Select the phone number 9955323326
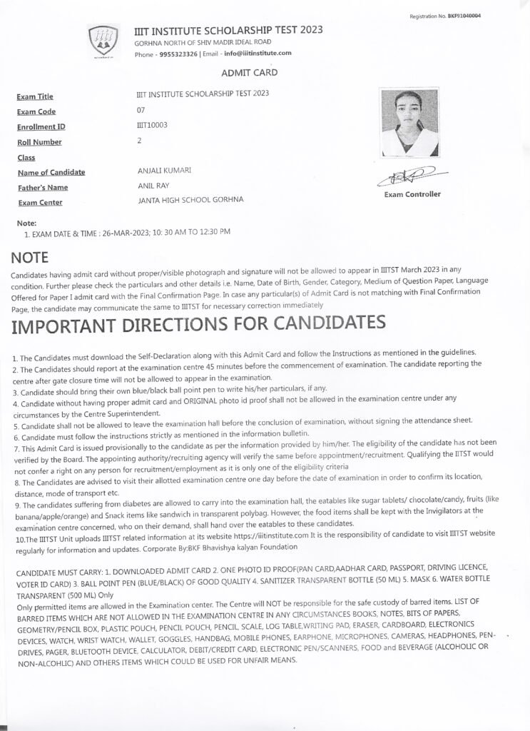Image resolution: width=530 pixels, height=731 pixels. tap(178, 54)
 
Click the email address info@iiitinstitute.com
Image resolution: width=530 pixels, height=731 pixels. tap(257, 54)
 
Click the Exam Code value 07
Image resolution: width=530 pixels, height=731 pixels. tap(140, 110)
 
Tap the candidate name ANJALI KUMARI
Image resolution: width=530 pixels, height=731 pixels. tap(163, 171)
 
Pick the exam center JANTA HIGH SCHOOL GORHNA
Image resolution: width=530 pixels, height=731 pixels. tap(189, 201)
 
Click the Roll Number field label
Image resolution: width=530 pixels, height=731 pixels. tap(40, 142)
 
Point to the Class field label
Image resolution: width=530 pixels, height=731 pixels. tap(26, 158)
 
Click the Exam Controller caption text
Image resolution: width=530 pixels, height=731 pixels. tap(412, 194)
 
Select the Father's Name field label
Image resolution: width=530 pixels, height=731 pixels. tap(42, 188)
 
